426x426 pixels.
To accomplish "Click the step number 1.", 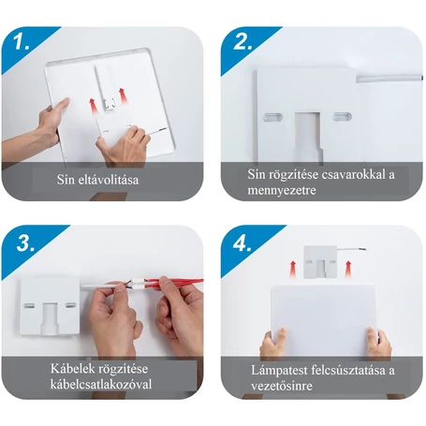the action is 21,41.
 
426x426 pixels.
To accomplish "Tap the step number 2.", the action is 242,41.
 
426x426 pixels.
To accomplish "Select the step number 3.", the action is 25,243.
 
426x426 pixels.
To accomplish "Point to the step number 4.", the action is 242,243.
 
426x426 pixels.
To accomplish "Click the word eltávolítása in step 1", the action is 109,180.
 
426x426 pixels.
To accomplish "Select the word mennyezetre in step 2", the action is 282,190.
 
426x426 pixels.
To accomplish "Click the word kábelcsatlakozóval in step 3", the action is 101,384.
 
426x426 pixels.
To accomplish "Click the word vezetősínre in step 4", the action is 282,386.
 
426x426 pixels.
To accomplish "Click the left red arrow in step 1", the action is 92,107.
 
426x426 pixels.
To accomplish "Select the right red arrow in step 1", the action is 123,96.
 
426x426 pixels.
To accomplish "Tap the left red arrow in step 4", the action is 292,269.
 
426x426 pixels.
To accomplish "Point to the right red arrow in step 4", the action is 348,269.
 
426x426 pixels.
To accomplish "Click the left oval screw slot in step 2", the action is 272,117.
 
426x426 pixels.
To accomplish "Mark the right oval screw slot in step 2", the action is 343,117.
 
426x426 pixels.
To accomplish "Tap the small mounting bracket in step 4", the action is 320,262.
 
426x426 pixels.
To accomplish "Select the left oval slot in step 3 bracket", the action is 30,306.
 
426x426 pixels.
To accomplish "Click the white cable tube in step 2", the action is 389,78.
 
